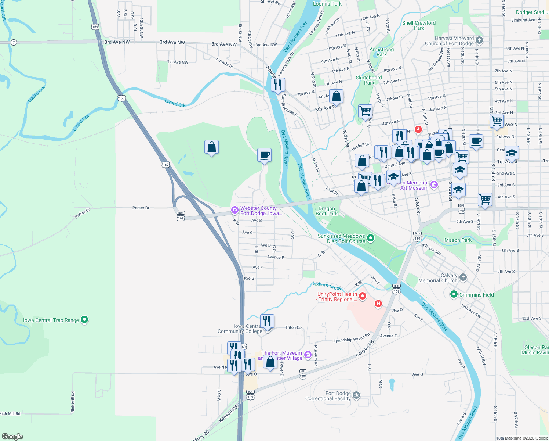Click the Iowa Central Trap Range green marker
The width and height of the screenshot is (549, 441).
click(84, 320)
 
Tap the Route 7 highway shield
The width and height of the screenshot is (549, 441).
click(14, 42)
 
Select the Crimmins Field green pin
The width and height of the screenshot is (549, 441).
click(454, 294)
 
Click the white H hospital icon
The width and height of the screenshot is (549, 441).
click(378, 304)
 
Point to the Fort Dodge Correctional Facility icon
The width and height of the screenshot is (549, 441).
click(356, 396)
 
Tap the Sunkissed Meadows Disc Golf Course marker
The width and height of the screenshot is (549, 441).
click(371, 238)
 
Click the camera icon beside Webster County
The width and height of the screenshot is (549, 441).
click(234, 210)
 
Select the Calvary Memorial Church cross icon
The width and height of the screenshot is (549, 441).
click(463, 277)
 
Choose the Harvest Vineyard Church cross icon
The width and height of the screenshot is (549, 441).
click(479, 40)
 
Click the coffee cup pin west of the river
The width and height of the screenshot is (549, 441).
click(264, 155)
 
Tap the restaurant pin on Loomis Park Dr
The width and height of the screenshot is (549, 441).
click(278, 85)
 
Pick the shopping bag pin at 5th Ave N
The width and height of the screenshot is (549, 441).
click(336, 96)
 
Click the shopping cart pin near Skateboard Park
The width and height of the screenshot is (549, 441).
click(365, 111)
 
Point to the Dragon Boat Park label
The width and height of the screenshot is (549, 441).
click(327, 211)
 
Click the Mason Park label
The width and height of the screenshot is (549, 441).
click(458, 240)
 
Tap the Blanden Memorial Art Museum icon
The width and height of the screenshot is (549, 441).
click(434, 184)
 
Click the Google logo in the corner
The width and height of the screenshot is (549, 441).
click(12, 436)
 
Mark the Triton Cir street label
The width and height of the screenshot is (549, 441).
click(293, 327)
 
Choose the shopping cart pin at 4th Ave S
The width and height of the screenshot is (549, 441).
click(485, 199)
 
